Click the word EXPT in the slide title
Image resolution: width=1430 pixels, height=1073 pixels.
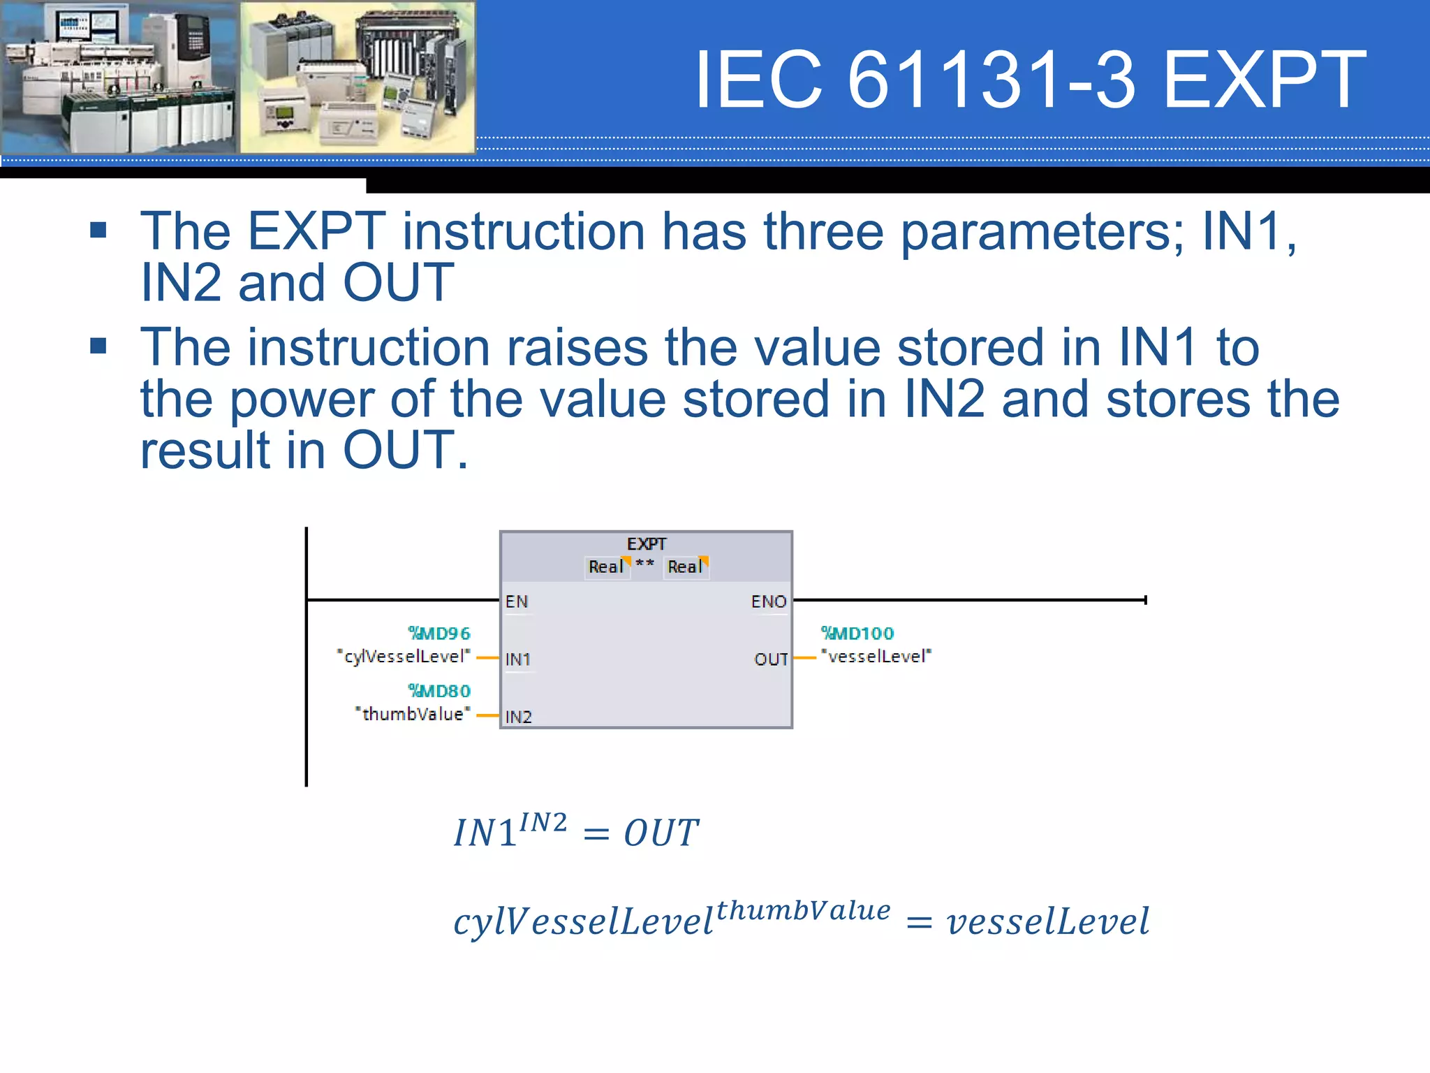(x=1265, y=80)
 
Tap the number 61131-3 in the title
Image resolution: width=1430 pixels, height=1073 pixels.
(x=992, y=80)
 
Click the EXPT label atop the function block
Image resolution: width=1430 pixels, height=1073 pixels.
(x=646, y=543)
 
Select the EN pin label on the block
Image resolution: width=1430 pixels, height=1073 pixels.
(x=517, y=601)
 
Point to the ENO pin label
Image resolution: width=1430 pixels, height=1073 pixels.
(x=768, y=601)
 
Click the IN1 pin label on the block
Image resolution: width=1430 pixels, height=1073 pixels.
(x=517, y=659)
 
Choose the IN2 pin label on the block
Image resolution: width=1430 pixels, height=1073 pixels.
(x=518, y=717)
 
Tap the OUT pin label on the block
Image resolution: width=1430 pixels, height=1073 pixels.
(x=771, y=659)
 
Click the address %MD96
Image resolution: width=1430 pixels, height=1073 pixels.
(x=439, y=634)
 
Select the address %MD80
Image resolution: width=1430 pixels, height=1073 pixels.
(x=439, y=691)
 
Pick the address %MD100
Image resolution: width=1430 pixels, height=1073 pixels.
(x=857, y=634)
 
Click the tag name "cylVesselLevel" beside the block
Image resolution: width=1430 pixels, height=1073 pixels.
(x=404, y=657)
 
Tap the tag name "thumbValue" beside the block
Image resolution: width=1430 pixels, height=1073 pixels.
(x=413, y=714)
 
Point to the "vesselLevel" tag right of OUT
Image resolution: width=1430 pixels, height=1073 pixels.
(x=876, y=657)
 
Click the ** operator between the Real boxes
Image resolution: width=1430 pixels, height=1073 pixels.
(x=645, y=563)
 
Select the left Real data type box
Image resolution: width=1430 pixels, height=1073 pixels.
(x=605, y=567)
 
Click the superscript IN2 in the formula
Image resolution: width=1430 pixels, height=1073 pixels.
(x=543, y=823)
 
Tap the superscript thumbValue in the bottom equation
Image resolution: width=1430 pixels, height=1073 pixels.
(x=803, y=911)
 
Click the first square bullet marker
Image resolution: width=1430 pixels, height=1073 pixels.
(x=98, y=231)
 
